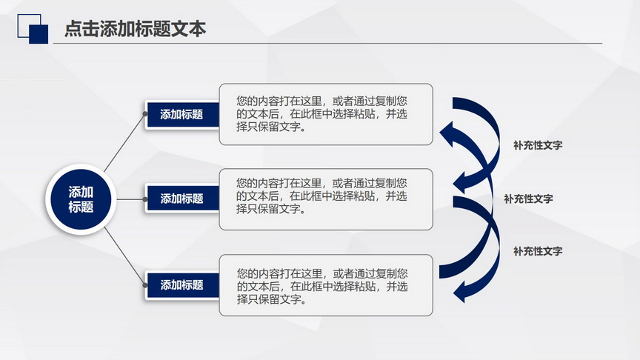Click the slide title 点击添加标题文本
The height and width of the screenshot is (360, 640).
point(135,29)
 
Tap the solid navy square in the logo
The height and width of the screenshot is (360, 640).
point(39,34)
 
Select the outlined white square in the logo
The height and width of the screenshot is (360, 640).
point(29,26)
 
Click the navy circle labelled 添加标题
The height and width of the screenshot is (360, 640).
point(81,199)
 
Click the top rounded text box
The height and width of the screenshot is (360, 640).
point(326,114)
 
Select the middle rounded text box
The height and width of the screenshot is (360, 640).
point(326,199)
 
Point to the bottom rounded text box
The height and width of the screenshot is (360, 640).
point(326,285)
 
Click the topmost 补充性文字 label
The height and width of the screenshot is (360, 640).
point(538,145)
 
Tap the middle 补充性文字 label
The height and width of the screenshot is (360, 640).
point(528,199)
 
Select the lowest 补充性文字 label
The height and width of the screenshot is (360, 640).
point(538,251)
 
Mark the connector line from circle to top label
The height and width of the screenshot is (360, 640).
point(124,143)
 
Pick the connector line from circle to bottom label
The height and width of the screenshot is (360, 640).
point(124,256)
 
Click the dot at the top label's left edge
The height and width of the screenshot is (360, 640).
point(145,114)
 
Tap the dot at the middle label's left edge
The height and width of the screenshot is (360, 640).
point(145,199)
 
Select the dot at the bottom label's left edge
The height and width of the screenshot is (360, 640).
point(145,285)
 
